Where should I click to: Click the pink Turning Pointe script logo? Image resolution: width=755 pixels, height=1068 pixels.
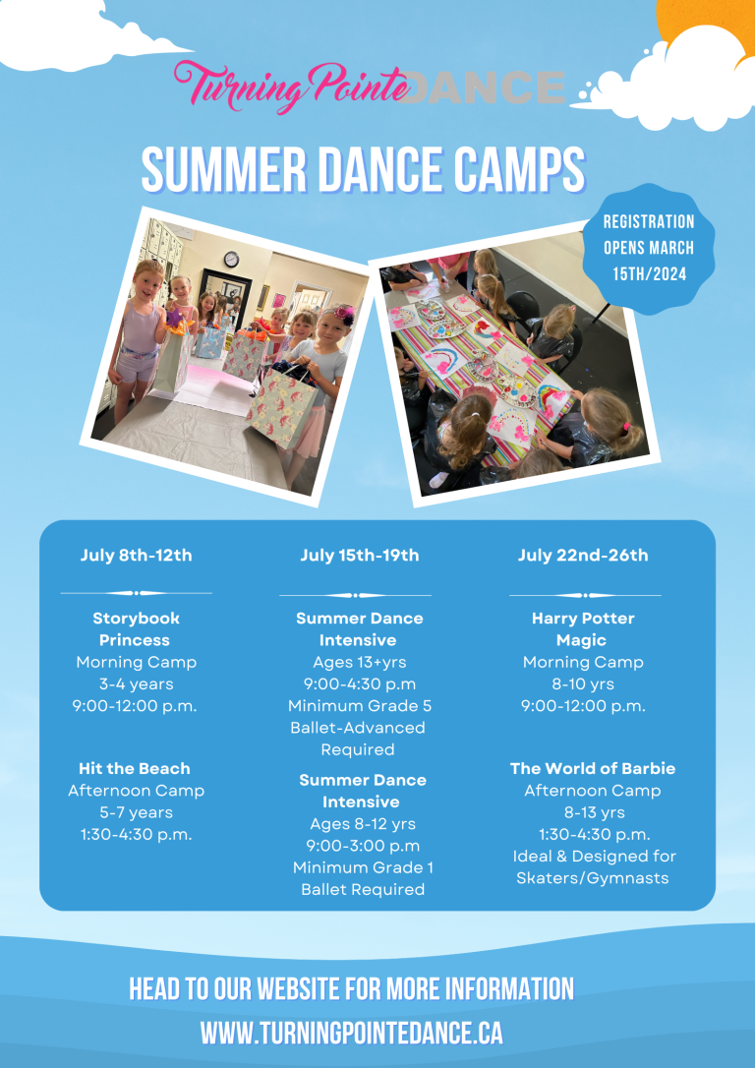tap(291, 87)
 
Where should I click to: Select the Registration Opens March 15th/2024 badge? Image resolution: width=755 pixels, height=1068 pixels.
tap(649, 248)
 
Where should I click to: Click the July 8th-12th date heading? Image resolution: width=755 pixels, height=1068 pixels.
tap(136, 556)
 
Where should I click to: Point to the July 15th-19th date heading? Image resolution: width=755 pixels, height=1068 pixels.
tap(359, 556)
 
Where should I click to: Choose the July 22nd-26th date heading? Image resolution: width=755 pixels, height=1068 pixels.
tap(583, 556)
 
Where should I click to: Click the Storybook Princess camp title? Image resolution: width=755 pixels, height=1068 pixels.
tap(136, 629)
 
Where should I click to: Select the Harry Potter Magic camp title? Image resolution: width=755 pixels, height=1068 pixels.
tap(583, 629)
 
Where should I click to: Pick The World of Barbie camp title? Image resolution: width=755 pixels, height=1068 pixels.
tap(593, 769)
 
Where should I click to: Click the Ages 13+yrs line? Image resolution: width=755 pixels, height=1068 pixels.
tap(359, 663)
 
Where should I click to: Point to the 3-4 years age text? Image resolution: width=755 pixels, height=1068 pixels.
tap(136, 684)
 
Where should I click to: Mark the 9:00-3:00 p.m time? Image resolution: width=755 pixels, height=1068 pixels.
tap(362, 846)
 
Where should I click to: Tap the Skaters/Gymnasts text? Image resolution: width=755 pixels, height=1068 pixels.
tap(593, 878)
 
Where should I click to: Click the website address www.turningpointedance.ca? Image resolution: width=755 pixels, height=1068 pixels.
tap(351, 1034)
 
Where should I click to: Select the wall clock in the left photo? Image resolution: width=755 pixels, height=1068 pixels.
tap(231, 260)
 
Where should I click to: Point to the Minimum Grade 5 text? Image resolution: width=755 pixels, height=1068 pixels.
tap(359, 706)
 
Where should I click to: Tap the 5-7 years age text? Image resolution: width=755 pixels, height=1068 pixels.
tap(136, 813)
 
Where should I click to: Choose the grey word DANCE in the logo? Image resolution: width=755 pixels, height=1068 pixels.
tap(487, 89)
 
